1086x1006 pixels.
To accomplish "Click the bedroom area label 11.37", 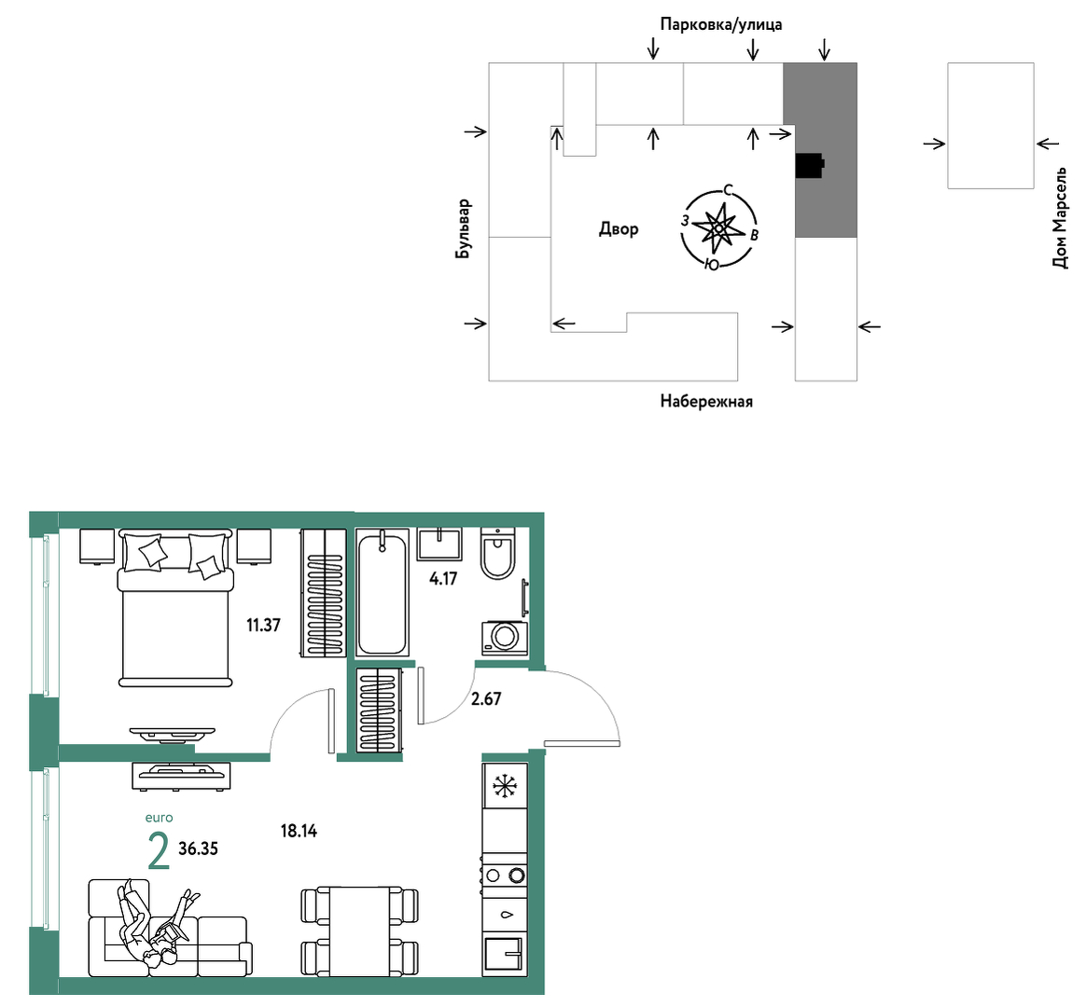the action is coord(264,626).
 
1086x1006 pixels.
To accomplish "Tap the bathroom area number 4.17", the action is coord(443,579).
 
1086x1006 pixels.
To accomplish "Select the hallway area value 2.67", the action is coord(486,698).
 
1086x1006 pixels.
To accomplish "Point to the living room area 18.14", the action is coord(299,831).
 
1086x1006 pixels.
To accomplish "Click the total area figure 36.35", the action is coord(198,848).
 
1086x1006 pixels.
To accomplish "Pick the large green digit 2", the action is coord(160,851).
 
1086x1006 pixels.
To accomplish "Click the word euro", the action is coord(160,818).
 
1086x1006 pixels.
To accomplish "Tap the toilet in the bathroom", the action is coord(498,553).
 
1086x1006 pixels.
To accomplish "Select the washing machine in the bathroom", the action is coord(505,638).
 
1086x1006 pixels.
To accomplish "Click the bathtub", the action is coord(382,593).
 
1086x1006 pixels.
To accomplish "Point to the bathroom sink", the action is coord(439,544).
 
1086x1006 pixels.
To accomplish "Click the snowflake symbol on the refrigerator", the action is coord(505,786).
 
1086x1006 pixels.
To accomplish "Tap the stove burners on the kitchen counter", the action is coord(505,875).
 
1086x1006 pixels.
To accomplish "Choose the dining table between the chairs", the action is coord(360,932).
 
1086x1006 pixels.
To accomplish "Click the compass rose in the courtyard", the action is coord(719,227).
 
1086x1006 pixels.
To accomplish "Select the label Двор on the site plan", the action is coord(619,229).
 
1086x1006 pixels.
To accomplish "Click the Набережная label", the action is coord(705,402).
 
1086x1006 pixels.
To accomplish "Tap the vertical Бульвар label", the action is coord(463,229).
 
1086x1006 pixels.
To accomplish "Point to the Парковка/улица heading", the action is coord(721,25).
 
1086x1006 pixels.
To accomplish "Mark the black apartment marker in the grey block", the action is coord(810,165).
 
